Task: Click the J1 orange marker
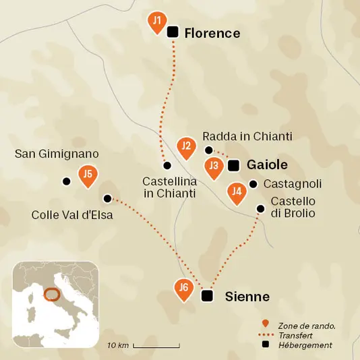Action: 156,22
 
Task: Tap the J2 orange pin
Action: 186,147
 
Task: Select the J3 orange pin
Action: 214,167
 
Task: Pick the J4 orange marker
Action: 236,192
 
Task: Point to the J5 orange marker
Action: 86,175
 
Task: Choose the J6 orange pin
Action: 183,289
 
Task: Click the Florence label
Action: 212,32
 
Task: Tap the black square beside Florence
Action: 173,32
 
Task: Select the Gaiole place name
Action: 268,165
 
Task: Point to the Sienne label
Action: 247,297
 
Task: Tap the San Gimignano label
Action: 57,154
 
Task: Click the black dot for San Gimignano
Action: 66,181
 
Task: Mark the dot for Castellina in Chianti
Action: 167,165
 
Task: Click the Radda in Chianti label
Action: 247,136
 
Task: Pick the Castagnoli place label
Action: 293,183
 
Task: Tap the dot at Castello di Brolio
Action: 261,209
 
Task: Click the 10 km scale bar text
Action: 118,346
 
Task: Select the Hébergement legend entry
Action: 307,345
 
